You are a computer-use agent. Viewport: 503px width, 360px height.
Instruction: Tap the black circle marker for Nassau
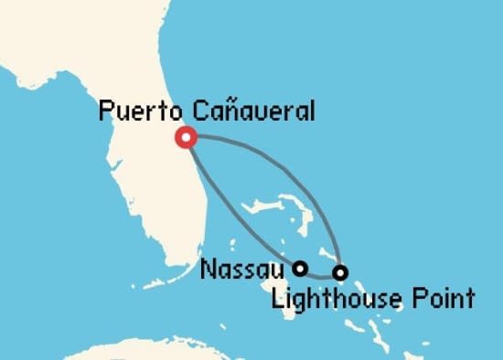pos(299,268)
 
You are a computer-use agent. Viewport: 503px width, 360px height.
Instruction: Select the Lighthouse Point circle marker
pos(340,272)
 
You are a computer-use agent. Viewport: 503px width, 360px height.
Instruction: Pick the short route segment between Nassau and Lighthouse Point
pos(320,274)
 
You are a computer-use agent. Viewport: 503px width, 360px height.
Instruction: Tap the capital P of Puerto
pos(105,112)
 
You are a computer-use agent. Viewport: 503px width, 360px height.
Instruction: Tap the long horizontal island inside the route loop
pos(274,205)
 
